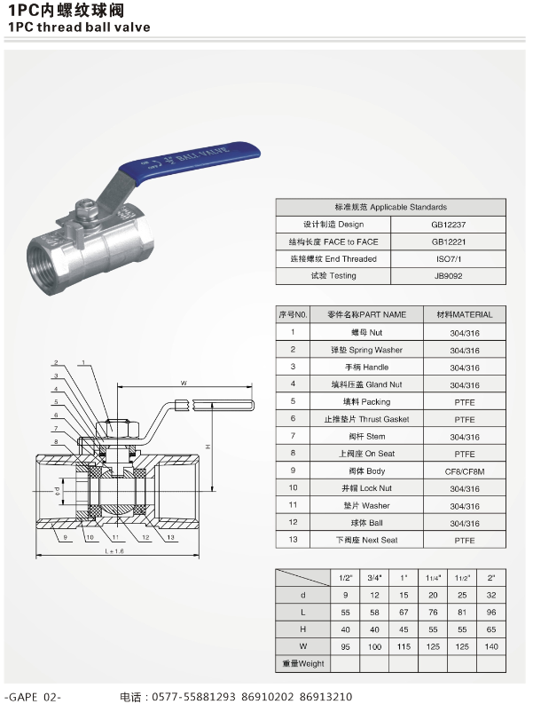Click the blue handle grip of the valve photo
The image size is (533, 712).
[x=191, y=162]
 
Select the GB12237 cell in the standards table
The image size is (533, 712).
[x=448, y=225]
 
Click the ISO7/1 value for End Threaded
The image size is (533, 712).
[x=448, y=259]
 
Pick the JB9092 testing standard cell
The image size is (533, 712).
[x=448, y=275]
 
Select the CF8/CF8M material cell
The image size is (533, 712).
[x=465, y=471]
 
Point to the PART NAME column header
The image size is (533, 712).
[x=366, y=314]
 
